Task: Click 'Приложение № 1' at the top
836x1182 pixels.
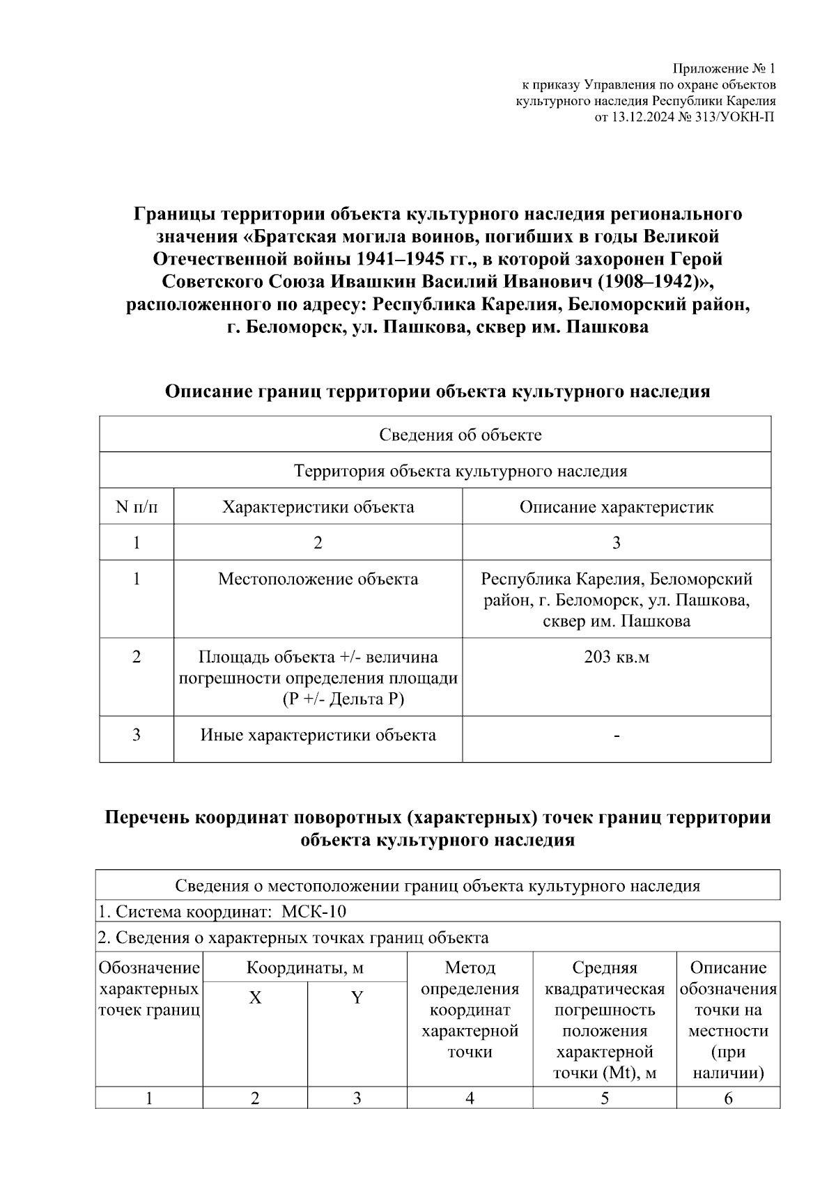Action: click(x=723, y=69)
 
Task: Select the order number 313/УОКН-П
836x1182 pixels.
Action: click(x=734, y=117)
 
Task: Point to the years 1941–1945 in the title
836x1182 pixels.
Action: click(x=390, y=259)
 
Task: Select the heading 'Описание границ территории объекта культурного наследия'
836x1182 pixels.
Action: click(x=437, y=391)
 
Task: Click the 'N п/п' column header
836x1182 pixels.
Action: click(x=137, y=507)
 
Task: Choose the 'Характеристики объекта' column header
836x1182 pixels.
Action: click(x=318, y=507)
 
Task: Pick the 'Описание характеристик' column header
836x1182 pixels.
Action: click(x=616, y=507)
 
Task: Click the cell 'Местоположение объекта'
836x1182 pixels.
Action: click(x=318, y=580)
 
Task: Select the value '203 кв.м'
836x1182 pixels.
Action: click(x=616, y=657)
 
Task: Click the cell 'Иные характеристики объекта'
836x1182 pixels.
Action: click(x=318, y=736)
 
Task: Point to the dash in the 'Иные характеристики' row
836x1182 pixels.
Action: click(x=617, y=736)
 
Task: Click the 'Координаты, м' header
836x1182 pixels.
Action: click(x=304, y=968)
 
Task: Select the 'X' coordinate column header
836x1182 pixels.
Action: click(x=255, y=998)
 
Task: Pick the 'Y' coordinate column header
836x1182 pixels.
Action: click(x=357, y=998)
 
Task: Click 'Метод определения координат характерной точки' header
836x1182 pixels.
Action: click(x=470, y=1009)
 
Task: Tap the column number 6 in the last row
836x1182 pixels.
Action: click(x=728, y=1099)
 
